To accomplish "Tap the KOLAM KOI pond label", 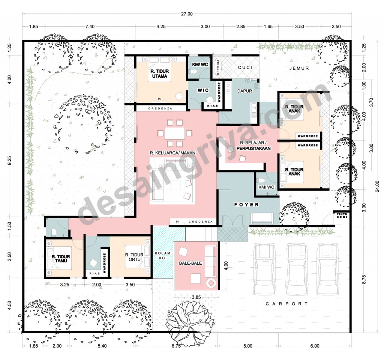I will (x=163, y=256).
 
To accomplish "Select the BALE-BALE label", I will (x=193, y=263).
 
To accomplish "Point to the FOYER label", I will (x=246, y=205).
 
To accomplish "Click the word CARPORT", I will (x=287, y=304).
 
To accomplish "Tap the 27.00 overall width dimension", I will (x=186, y=14).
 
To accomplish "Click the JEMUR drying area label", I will (x=299, y=68).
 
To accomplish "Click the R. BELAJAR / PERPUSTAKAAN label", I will (x=253, y=146).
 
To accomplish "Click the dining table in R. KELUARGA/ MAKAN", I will (x=174, y=133).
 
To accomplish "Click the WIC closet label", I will (x=202, y=90).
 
